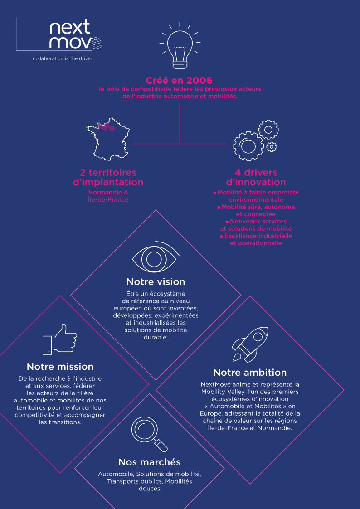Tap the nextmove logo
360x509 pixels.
coord(59,34)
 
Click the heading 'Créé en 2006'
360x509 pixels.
coord(179,80)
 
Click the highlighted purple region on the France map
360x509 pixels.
coord(107,127)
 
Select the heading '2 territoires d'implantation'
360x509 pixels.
coord(108,177)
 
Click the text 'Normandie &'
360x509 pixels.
coord(108,193)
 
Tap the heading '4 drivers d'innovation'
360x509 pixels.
coord(256,177)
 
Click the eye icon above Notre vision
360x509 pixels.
coord(155,258)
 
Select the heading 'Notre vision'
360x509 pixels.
coord(156,281)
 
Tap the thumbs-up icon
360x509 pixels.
coord(61,339)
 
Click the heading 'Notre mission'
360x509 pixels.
coord(60,367)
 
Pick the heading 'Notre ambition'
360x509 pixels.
coord(250,372)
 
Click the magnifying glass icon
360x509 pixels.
coord(149,434)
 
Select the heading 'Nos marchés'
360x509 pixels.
coord(149,462)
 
